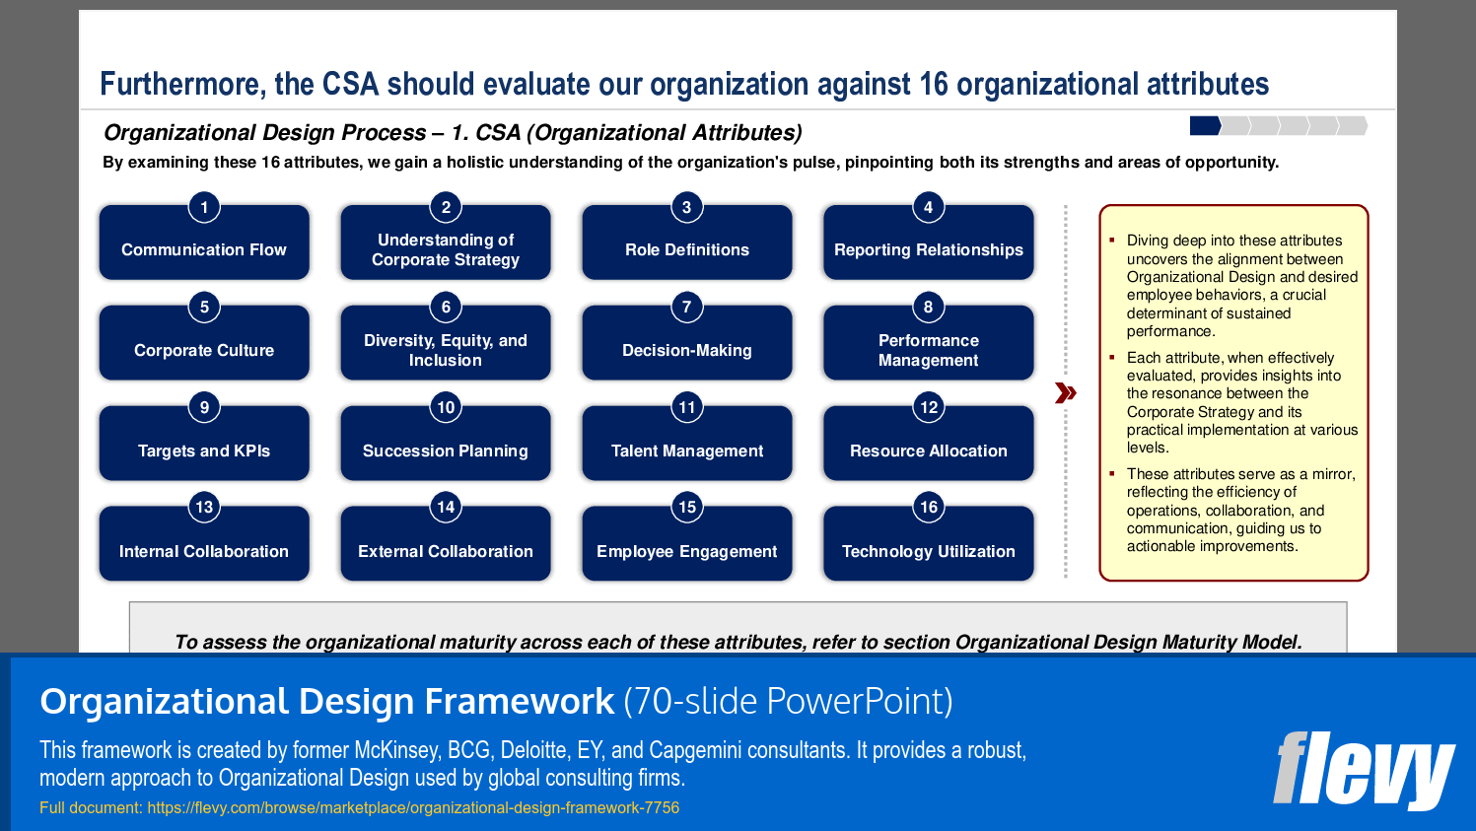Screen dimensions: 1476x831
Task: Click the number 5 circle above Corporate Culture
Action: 204,307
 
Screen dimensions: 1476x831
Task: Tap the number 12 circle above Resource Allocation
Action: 928,407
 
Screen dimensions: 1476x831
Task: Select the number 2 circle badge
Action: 446,207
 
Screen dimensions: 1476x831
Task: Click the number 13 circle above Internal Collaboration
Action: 204,507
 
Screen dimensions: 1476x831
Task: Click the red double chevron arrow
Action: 1065,393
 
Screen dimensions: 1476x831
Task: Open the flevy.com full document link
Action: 413,808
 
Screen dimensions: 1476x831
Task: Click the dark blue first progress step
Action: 1205,125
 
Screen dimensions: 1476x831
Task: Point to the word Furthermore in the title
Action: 182,85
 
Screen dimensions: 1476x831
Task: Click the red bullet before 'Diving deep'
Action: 1111,240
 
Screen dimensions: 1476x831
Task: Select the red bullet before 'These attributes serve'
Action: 1111,473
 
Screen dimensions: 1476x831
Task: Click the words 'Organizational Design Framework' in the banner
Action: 326,702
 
